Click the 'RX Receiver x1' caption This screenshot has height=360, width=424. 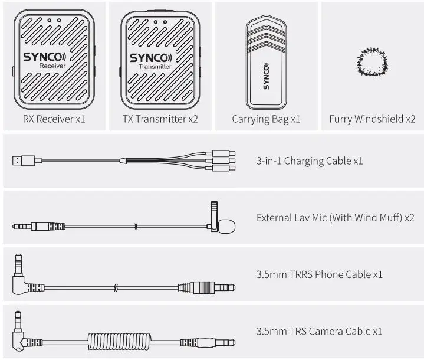point(54,119)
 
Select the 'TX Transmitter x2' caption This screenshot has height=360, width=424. point(160,119)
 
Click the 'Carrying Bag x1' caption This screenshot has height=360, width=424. point(266,119)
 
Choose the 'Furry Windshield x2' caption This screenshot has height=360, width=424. point(372,119)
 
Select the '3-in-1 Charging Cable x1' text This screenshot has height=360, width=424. point(310,161)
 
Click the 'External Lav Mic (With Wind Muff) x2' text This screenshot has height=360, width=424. point(335,218)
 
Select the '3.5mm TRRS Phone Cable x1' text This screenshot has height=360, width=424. point(320,274)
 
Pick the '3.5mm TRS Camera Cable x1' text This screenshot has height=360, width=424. point(319,332)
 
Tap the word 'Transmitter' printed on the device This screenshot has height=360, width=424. point(155,67)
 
